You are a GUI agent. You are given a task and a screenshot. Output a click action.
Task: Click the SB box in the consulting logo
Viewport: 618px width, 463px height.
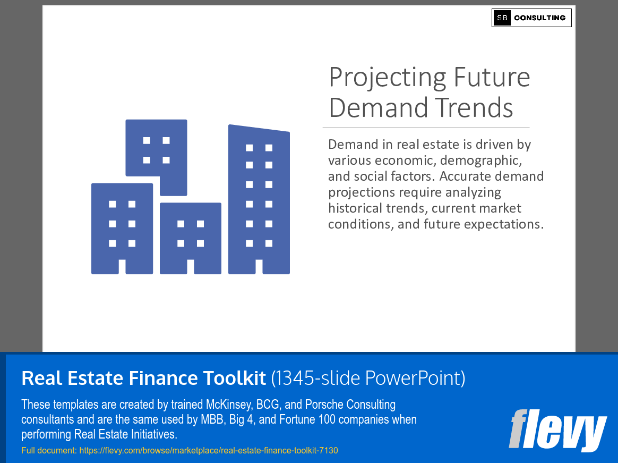pos(502,18)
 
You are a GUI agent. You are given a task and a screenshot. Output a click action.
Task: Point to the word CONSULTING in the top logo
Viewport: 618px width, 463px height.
pos(540,18)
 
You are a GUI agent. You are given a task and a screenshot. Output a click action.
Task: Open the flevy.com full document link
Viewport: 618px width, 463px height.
pos(209,451)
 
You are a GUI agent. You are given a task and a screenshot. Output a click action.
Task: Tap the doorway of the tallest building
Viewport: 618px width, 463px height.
pos(259,266)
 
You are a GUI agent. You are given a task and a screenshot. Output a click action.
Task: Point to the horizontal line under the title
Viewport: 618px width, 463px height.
pos(426,128)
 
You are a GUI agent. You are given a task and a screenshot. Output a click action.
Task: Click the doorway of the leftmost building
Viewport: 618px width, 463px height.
pos(122,266)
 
